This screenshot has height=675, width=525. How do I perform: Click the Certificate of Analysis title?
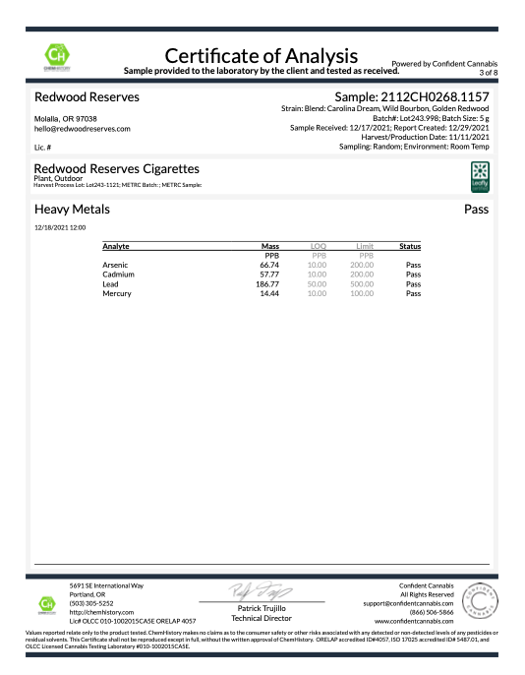[x=262, y=54]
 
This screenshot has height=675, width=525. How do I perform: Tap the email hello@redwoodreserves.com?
[x=76, y=129]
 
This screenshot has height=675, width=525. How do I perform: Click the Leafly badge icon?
[x=479, y=174]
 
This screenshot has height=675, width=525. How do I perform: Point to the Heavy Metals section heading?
[x=75, y=210]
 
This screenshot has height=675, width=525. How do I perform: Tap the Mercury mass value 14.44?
[x=270, y=293]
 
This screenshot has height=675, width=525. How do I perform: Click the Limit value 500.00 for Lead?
[x=364, y=283]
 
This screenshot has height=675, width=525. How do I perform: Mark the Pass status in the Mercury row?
[x=413, y=293]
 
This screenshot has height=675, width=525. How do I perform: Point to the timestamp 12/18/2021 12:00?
[x=60, y=227]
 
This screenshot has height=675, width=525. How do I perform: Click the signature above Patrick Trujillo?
[x=262, y=592]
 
